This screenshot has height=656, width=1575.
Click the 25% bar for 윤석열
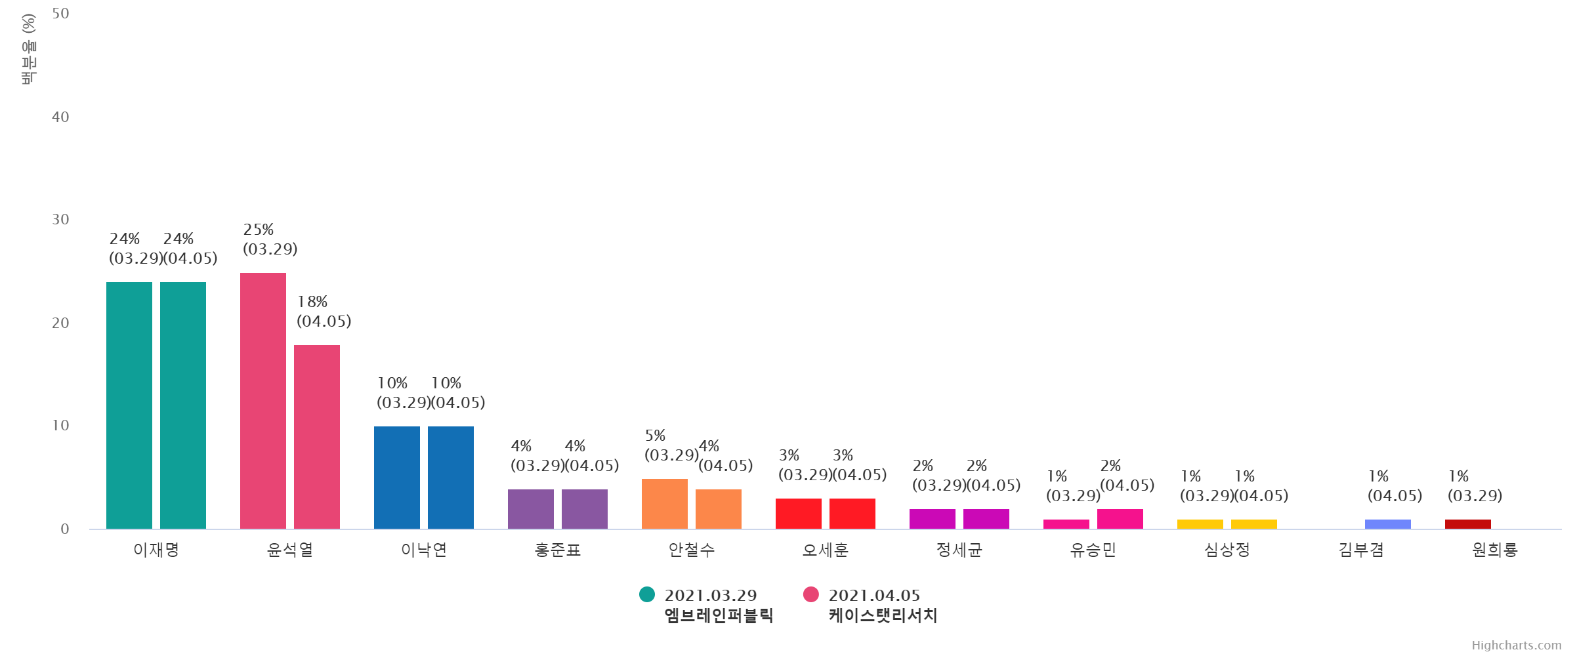click(x=263, y=401)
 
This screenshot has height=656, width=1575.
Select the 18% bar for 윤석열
click(x=317, y=437)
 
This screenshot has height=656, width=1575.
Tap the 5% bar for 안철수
click(x=665, y=504)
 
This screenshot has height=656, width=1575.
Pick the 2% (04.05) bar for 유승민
click(x=1120, y=519)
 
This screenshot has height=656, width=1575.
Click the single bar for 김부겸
click(x=1388, y=524)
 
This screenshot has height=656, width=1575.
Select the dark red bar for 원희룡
click(x=1468, y=524)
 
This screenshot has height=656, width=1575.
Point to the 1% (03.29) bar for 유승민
click(x=1066, y=524)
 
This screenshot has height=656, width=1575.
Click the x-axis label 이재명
click(x=156, y=550)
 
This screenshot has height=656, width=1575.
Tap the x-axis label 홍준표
click(x=558, y=550)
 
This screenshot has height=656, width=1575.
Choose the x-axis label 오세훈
click(x=826, y=550)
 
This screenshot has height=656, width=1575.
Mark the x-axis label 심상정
click(x=1227, y=550)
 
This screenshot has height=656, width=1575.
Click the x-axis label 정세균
click(x=959, y=550)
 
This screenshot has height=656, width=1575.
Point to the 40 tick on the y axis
click(x=60, y=117)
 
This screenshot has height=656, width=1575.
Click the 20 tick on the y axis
click(x=60, y=323)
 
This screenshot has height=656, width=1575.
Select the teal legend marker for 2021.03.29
click(x=647, y=594)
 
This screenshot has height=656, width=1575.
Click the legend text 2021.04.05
click(x=874, y=596)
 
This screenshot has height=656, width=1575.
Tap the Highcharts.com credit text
click(x=1516, y=646)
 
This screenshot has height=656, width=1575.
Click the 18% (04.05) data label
click(x=325, y=312)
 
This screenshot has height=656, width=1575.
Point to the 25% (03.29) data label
click(x=271, y=240)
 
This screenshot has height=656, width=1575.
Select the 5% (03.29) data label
click(x=672, y=446)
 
